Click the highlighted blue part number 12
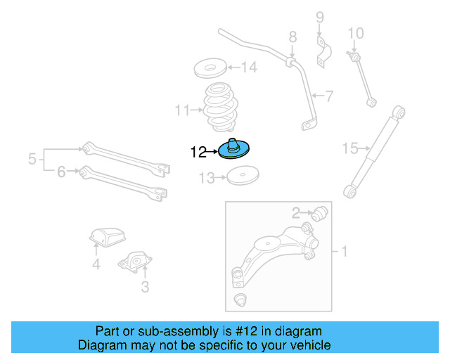click(235, 150)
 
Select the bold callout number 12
click(198, 150)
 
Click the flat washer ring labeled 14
click(209, 69)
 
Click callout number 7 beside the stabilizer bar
click(328, 95)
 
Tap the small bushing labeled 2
click(321, 212)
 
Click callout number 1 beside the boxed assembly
click(344, 251)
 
